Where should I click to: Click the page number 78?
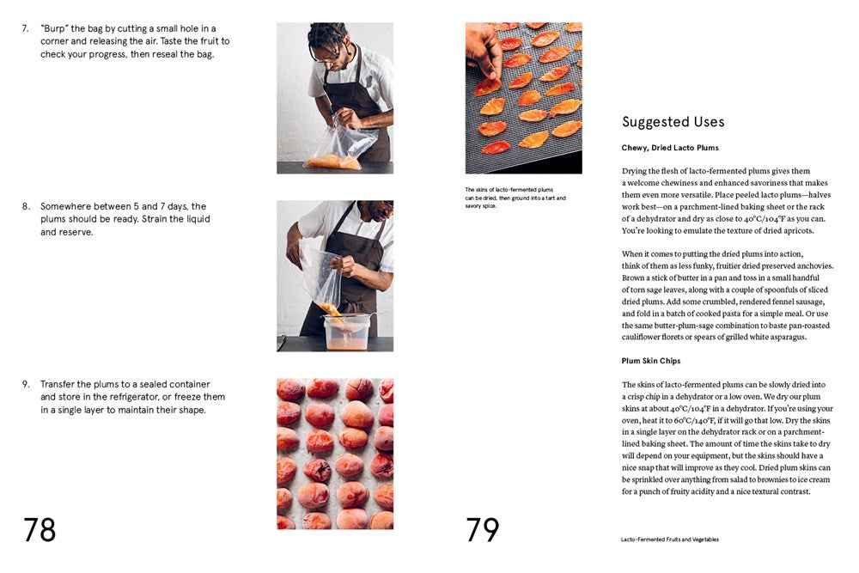40,530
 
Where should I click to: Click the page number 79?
482,530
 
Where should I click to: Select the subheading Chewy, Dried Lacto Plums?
670,148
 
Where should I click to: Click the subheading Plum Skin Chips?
651,361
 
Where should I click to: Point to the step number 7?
26,28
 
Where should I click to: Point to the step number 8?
26,206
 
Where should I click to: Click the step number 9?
26,384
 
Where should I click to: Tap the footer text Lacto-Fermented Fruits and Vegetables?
670,539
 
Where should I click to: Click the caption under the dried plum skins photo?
515,198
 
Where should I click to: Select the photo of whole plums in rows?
335,454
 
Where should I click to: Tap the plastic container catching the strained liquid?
347,332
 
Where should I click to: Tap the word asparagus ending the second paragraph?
783,337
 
